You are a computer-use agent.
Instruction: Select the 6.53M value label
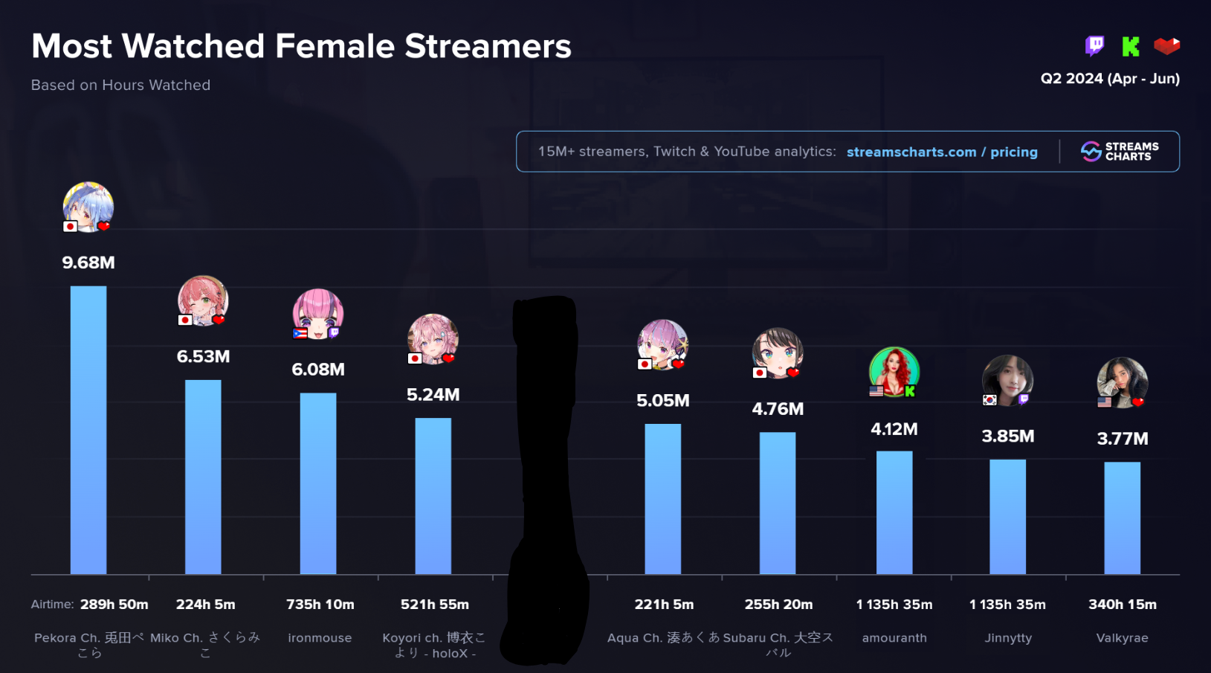coord(203,356)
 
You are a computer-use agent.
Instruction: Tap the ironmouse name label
coord(320,638)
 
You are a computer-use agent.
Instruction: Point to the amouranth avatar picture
coord(894,371)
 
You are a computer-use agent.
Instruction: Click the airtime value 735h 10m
coord(320,605)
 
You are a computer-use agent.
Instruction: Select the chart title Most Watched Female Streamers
coord(301,46)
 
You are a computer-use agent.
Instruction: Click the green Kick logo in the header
coord(1130,47)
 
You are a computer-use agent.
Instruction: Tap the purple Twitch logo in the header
coord(1094,46)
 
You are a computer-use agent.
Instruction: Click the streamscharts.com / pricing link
coord(942,152)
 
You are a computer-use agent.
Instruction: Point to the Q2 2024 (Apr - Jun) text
coord(1110,79)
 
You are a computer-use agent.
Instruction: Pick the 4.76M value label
coord(778,409)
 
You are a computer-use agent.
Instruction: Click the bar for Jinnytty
coord(1007,516)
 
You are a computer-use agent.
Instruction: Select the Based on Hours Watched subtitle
coord(120,86)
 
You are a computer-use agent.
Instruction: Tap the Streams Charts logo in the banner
coord(1120,152)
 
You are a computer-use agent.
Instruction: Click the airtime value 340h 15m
coord(1123,605)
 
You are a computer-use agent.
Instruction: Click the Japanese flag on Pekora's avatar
coord(71,226)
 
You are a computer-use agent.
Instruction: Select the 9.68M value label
coord(88,263)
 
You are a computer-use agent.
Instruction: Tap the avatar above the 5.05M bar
coord(662,344)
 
